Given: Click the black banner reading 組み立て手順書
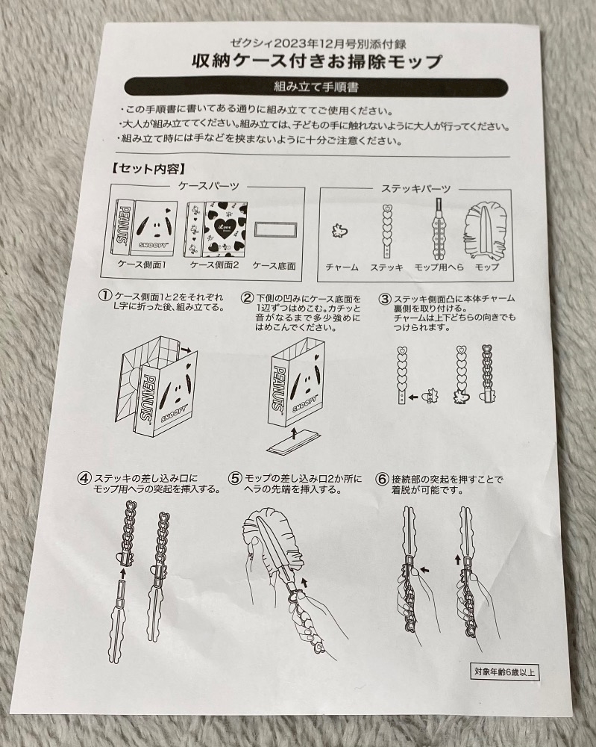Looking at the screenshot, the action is coord(316,87).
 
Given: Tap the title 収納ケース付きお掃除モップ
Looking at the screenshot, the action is coord(317,61).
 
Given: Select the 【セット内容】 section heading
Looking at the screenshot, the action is coord(148,169).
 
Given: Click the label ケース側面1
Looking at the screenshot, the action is coord(141,265).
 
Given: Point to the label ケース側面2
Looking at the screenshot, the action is coord(214,265).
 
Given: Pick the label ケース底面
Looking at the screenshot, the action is coord(274,266).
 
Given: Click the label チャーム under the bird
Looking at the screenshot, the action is coord(342,267).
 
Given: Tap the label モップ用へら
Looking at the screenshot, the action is coord(439,267).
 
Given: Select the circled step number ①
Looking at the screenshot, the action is coord(104,296).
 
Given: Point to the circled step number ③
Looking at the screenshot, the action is coord(385,300).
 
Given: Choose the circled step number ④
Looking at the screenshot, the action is coord(85,478).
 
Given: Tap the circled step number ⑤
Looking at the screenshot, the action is coord(235,479).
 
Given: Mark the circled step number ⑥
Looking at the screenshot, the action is coord(382,480).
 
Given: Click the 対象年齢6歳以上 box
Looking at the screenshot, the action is coord(505,673).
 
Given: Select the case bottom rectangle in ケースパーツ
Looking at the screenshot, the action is coord(275,232).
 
